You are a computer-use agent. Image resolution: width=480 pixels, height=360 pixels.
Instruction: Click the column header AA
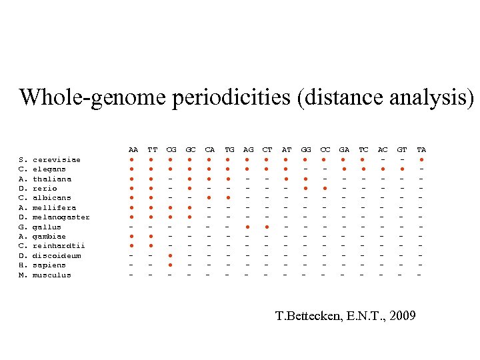(x=133, y=150)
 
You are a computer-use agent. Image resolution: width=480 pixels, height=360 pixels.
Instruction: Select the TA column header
(x=421, y=150)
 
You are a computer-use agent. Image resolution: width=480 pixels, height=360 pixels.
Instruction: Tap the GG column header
(x=306, y=150)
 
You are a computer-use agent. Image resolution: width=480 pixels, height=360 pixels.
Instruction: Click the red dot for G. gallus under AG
(x=248, y=227)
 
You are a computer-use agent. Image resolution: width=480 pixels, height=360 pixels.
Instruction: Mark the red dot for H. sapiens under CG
(x=171, y=265)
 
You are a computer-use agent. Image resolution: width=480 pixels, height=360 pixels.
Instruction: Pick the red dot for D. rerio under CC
(x=325, y=189)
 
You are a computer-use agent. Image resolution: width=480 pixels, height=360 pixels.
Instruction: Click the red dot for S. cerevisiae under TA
(x=421, y=160)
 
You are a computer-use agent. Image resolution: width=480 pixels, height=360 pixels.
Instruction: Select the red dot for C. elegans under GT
(x=402, y=169)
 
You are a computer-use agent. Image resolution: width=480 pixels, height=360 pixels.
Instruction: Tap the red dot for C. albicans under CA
(x=210, y=198)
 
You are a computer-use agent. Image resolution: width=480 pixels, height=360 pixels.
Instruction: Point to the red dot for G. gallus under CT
(x=267, y=227)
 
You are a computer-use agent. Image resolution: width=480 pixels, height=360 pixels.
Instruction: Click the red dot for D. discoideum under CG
(x=171, y=256)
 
